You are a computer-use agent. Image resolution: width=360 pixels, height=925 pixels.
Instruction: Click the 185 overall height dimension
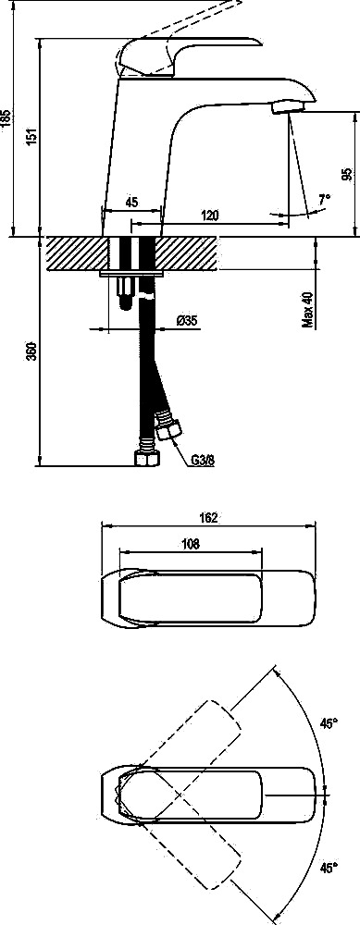pos(6,118)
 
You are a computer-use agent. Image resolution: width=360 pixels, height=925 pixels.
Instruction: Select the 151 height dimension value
pos(33,136)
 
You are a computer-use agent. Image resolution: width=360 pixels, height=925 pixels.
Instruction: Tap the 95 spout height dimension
pos(347,174)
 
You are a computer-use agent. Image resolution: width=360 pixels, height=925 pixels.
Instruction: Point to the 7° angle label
pos(324,200)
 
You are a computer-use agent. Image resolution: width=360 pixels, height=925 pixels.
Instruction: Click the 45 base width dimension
pos(131,202)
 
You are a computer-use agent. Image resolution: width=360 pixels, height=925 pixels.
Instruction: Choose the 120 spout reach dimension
pos(209,216)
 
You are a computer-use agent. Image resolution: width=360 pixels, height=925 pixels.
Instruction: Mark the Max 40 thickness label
pos(307,310)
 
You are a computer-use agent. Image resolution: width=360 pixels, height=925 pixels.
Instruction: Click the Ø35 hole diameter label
pos(187,320)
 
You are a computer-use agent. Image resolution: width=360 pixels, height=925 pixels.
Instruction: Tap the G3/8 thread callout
pos(203,460)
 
